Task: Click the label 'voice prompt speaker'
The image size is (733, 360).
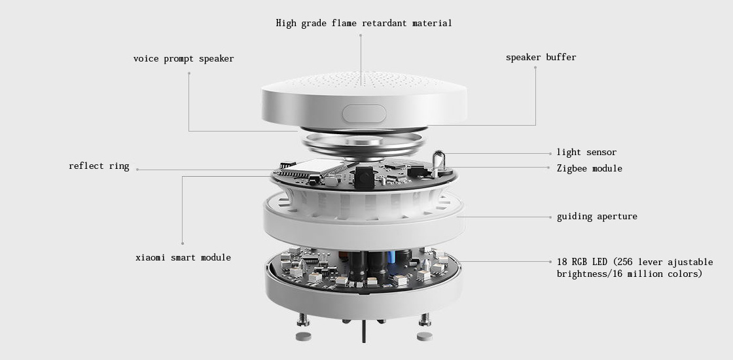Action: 183,59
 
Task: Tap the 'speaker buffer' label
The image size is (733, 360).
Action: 541,58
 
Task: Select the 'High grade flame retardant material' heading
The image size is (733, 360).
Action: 364,23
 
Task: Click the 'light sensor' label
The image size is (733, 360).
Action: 586,153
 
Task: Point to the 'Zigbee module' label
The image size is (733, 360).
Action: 590,168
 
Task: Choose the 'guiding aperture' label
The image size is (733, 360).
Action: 597,217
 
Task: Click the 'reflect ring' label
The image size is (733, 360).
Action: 99,166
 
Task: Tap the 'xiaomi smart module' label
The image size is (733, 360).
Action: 183,258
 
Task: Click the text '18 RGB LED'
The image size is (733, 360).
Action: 582,262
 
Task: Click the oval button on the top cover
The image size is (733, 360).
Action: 364,114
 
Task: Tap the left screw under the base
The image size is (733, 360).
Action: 303,319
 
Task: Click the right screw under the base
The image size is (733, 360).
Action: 425,319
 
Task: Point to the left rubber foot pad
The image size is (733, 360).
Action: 304,336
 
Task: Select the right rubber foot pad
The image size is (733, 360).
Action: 425,336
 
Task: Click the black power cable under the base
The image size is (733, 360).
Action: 364,332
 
